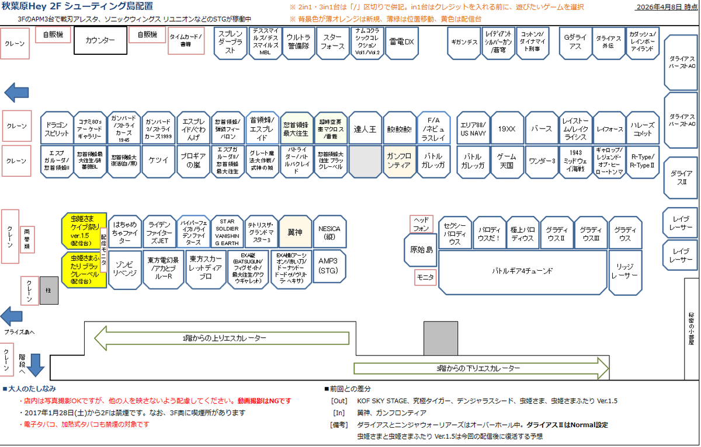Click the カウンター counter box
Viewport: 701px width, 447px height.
(100, 41)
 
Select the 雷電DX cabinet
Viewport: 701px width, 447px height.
(401, 42)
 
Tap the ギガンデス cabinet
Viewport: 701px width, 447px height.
(464, 42)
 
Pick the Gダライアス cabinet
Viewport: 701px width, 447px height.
(575, 42)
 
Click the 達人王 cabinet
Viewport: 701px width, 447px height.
(365, 128)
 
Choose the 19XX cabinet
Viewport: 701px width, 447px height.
(506, 128)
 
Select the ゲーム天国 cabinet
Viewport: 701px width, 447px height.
(506, 162)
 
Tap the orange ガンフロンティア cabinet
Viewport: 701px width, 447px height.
(400, 162)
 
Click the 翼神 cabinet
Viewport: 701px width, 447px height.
(295, 232)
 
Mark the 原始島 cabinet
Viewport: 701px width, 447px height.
(421, 250)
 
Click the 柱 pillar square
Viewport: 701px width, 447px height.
(49, 290)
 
